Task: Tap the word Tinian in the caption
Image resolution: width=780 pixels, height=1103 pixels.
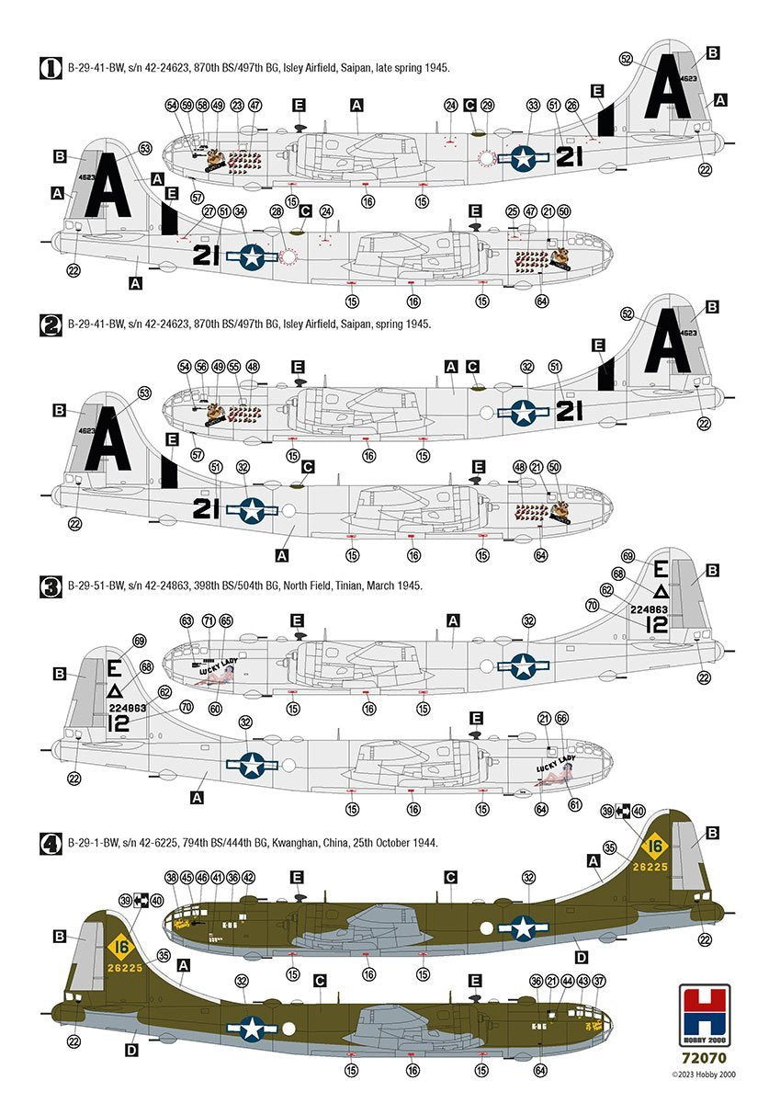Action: pos(339,585)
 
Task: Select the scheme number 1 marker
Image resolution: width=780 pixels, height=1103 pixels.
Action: pos(51,67)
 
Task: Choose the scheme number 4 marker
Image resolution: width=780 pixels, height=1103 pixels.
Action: pos(51,842)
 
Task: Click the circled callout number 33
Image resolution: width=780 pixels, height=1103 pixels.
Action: pos(534,107)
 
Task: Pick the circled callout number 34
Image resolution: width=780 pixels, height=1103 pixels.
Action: pos(240,212)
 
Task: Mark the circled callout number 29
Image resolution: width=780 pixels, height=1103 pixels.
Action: pos(488,107)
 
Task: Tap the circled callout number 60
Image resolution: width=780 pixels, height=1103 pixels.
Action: pos(215,709)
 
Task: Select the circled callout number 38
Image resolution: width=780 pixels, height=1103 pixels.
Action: pos(172,878)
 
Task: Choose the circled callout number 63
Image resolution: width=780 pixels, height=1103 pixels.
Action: pos(187,621)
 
